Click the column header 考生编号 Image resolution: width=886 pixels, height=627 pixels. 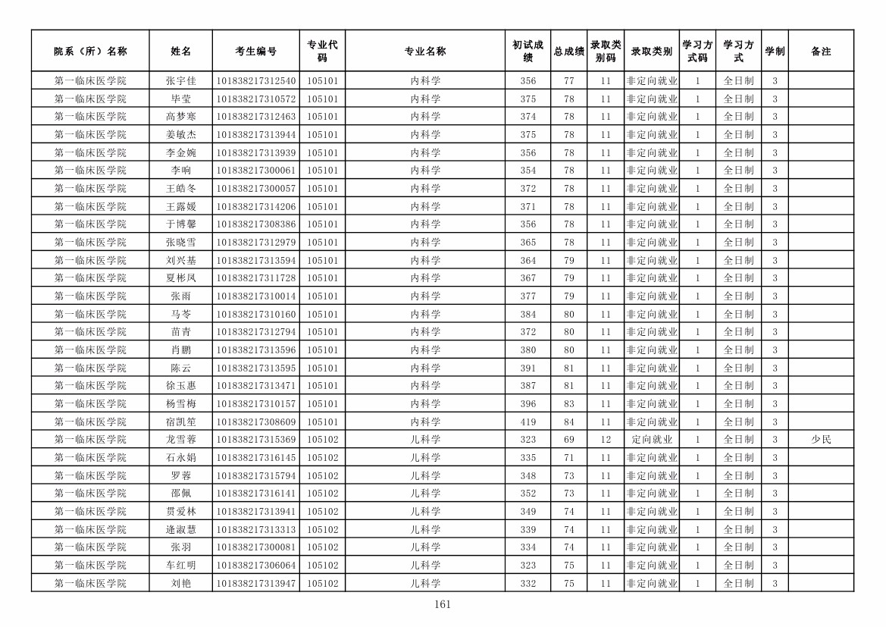pos(255,52)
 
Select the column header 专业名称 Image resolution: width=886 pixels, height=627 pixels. pos(424,52)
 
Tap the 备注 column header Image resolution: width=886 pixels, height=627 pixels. pos(820,52)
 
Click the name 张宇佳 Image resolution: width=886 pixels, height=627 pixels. pos(180,81)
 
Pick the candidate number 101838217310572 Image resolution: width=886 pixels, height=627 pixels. pos(255,99)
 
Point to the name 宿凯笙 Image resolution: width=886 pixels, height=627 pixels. pos(180,422)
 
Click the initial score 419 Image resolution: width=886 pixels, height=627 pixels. pos(528,422)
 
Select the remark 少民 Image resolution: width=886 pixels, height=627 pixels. pos(820,440)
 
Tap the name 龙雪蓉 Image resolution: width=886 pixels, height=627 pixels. pos(180,440)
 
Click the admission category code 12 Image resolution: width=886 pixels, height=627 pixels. pos(605,440)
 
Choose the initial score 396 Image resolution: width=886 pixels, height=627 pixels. pos(528,404)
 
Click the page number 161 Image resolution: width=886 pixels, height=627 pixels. pos(443,604)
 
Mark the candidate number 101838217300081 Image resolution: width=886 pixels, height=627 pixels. pos(255,547)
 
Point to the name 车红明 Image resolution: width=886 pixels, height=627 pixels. pos(180,566)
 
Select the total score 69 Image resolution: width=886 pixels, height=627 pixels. pos(568,440)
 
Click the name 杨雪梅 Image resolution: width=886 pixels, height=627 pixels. pos(180,404)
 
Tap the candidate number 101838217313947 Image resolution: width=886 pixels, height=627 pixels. pos(255,584)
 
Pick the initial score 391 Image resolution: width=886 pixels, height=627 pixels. pos(528,368)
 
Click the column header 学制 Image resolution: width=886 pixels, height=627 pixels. pos(774,52)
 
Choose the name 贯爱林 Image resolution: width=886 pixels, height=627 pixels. pos(180,512)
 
